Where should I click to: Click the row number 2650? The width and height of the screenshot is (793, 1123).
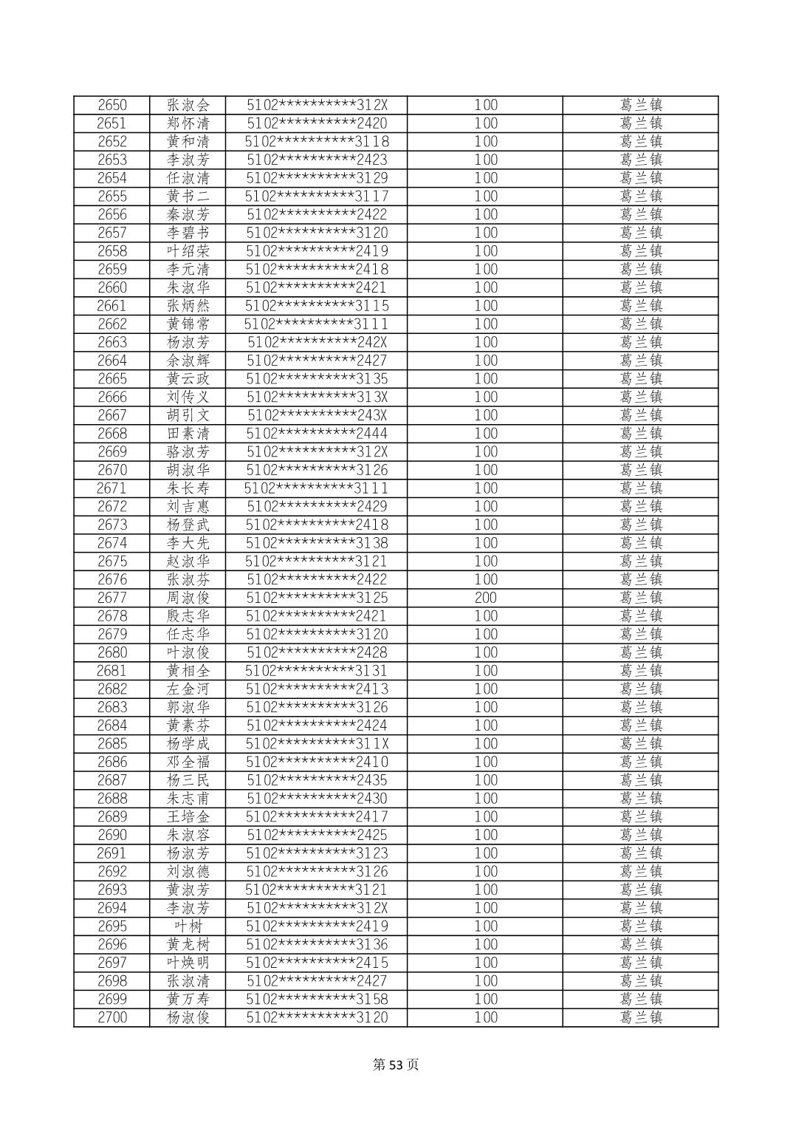pyautogui.click(x=112, y=105)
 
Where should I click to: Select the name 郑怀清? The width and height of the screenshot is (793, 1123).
pyautogui.click(x=188, y=123)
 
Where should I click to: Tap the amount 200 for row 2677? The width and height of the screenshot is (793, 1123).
pyautogui.click(x=485, y=598)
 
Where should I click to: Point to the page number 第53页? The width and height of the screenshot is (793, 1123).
pyautogui.click(x=396, y=1065)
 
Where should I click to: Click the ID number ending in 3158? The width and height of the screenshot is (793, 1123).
pyautogui.click(x=317, y=999)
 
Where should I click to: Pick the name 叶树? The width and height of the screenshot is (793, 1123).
pyautogui.click(x=188, y=926)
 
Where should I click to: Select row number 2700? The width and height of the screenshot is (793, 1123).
pyautogui.click(x=112, y=1017)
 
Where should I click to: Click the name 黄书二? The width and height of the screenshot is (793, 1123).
pyautogui.click(x=188, y=197)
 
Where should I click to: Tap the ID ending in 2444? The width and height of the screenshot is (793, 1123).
pyautogui.click(x=317, y=434)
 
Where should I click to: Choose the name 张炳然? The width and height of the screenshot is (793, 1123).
pyautogui.click(x=188, y=306)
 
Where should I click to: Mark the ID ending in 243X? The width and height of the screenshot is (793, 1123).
pyautogui.click(x=317, y=415)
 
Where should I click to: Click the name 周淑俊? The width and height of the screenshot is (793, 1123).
pyautogui.click(x=188, y=598)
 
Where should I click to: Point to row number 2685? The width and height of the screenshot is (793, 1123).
pyautogui.click(x=112, y=744)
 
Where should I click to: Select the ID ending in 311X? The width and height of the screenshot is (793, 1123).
pyautogui.click(x=317, y=744)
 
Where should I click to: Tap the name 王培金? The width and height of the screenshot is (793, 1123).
pyautogui.click(x=188, y=816)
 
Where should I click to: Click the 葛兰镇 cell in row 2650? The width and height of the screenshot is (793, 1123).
pyautogui.click(x=640, y=105)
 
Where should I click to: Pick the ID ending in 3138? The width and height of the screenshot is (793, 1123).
pyautogui.click(x=317, y=543)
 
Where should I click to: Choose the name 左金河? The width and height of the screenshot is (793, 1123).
pyautogui.click(x=188, y=689)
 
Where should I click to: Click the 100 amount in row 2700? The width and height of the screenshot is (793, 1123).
pyautogui.click(x=485, y=1017)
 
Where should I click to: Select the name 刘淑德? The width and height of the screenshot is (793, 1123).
pyautogui.click(x=188, y=872)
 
